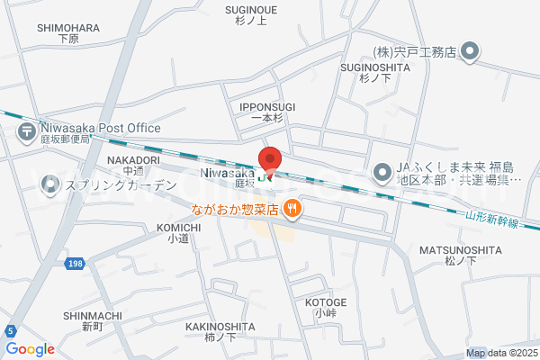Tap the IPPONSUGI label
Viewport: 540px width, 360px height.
[x=267, y=107]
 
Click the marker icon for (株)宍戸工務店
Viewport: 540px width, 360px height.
[x=470, y=52]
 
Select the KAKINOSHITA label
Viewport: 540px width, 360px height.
[x=220, y=327]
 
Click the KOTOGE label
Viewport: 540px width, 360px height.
[x=325, y=302]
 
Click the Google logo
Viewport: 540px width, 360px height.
[x=31, y=349]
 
